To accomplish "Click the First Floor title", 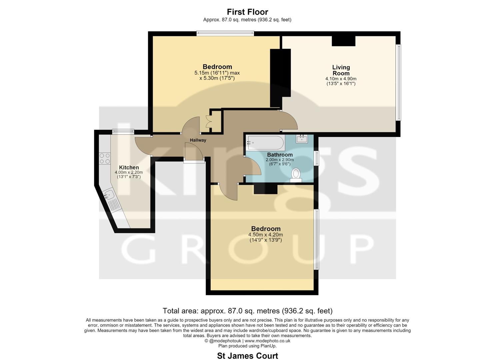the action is [x=247, y=12].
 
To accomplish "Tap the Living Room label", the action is [x=341, y=70].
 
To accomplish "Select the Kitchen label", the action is [x=129, y=167].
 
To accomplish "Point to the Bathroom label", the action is [x=280, y=155].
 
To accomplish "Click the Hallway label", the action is [x=198, y=140].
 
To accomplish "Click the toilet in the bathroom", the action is [x=296, y=175].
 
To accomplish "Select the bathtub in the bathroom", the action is [x=266, y=143].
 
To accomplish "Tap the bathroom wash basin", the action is [x=302, y=139].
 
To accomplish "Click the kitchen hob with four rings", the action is [x=105, y=158].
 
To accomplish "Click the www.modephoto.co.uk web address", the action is [x=267, y=341].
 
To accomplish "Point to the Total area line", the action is [x=247, y=311].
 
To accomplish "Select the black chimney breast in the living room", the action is [x=343, y=41].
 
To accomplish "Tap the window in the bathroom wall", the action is [x=317, y=158].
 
